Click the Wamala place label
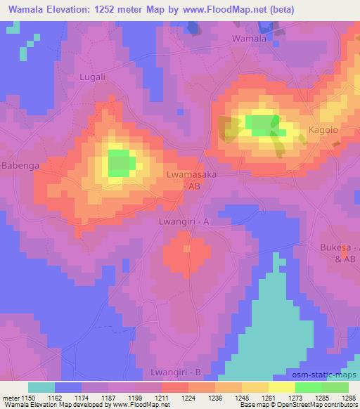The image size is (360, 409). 250,39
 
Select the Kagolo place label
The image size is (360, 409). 324,130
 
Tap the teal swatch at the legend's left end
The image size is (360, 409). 41,387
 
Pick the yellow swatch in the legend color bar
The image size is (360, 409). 281,387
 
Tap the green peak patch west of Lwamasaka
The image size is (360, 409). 121,162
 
